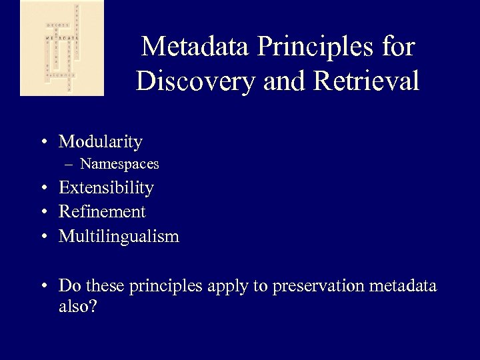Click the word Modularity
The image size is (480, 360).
(x=101, y=142)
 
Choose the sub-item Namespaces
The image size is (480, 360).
(x=119, y=164)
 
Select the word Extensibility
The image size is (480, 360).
(x=106, y=188)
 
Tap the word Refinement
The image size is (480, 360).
(x=102, y=212)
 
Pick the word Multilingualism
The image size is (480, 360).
(x=119, y=237)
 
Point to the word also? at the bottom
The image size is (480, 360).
(x=78, y=308)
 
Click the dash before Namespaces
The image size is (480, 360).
(x=70, y=164)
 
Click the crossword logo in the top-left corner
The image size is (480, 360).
(x=62, y=48)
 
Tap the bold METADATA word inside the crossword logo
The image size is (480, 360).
(x=59, y=39)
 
